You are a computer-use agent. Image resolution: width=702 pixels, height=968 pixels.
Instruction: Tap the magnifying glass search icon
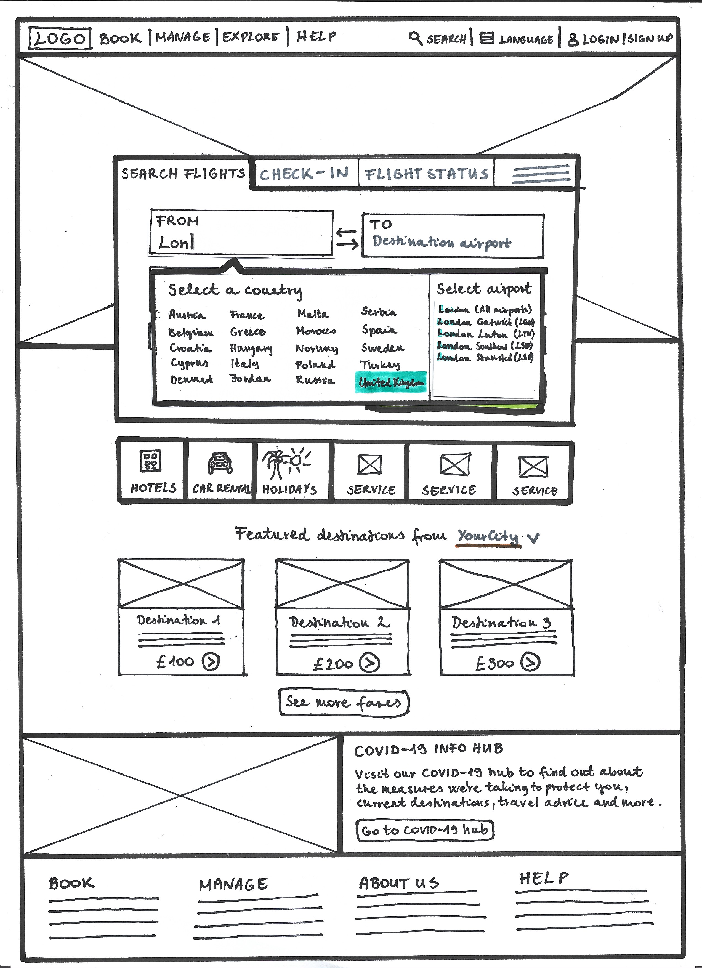[x=415, y=38]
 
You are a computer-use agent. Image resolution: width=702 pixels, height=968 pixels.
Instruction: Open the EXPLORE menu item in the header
[x=251, y=37]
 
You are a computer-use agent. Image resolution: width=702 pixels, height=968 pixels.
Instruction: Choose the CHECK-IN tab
[x=304, y=174]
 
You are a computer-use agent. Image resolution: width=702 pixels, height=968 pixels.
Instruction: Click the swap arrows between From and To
[x=347, y=238]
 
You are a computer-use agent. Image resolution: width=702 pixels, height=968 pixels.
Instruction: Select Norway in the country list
[x=316, y=348]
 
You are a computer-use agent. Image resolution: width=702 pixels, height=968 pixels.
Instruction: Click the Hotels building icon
[x=151, y=461]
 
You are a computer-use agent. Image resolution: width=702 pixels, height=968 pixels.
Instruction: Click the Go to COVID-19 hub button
[x=425, y=830]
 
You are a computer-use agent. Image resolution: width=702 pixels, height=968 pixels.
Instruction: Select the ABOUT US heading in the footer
[x=398, y=883]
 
